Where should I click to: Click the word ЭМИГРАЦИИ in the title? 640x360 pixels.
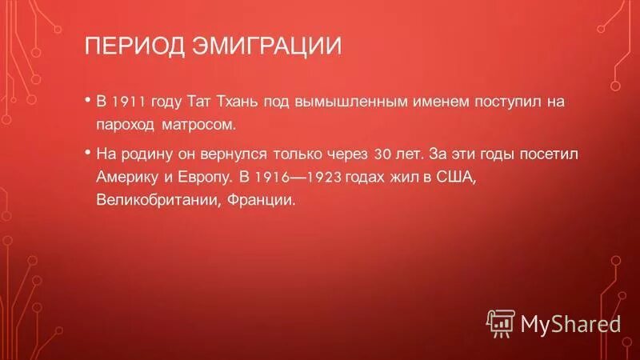pyautogui.click(x=266, y=45)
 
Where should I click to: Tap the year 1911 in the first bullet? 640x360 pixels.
pyautogui.click(x=128, y=102)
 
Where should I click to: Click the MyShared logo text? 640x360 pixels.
pyautogui.click(x=570, y=323)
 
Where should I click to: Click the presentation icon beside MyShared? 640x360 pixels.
pyautogui.click(x=501, y=322)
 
